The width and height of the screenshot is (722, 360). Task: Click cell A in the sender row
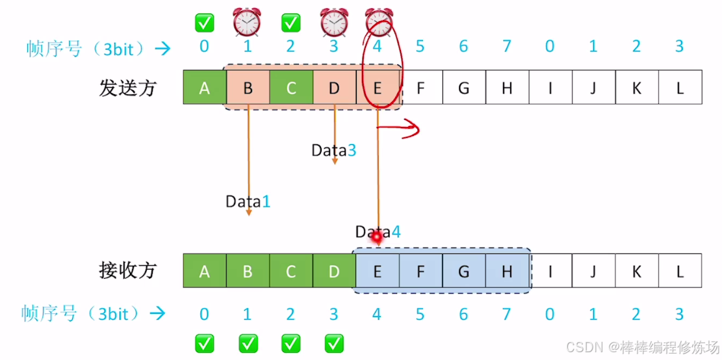(205, 88)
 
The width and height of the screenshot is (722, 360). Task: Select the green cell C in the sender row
(290, 88)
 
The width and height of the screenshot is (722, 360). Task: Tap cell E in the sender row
(377, 88)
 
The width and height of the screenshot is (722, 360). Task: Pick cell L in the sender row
(680, 88)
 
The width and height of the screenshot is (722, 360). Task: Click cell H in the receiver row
(507, 270)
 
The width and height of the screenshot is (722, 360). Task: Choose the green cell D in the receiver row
(334, 270)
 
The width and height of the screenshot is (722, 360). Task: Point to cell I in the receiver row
(550, 270)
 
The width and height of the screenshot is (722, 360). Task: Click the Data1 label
(248, 201)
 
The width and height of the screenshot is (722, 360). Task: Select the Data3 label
(333, 150)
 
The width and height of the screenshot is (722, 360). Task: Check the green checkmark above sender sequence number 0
(205, 23)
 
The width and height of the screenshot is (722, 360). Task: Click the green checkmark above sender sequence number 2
(290, 23)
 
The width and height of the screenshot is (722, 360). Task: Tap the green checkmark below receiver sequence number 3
(334, 343)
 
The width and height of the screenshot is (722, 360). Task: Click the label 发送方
(128, 88)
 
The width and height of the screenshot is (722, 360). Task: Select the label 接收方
(128, 270)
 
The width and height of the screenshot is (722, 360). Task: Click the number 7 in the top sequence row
(507, 46)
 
